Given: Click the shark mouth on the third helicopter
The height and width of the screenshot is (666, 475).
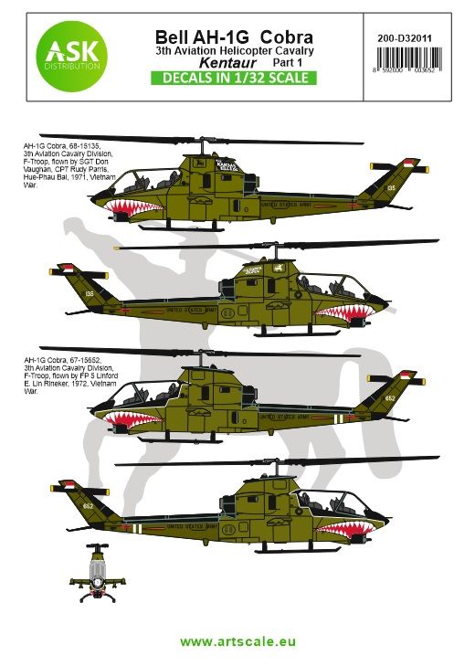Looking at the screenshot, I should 128,421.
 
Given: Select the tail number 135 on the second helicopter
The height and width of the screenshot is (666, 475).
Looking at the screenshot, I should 88,294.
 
